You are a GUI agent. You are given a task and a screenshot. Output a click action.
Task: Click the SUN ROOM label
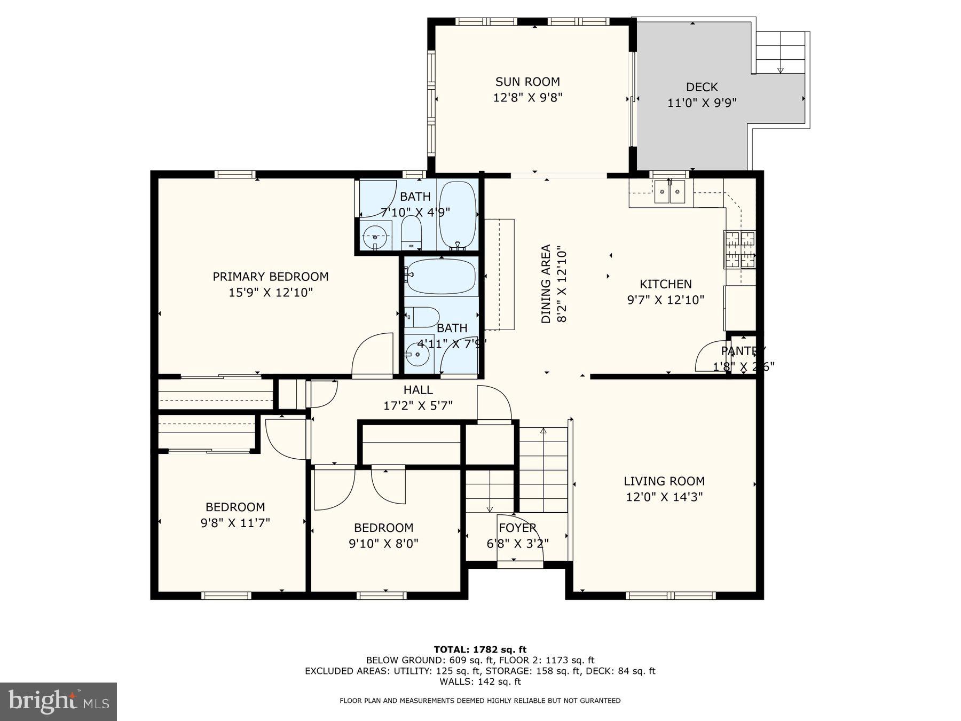527,82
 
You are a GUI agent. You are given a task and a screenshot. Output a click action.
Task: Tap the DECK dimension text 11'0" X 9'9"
702,103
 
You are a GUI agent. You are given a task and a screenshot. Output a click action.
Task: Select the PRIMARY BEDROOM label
271,277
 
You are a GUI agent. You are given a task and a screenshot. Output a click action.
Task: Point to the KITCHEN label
666,284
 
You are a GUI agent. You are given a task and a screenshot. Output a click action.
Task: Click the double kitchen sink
671,192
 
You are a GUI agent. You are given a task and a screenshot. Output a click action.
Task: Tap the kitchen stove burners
740,249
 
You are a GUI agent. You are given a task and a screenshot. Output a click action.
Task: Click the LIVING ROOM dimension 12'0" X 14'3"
664,497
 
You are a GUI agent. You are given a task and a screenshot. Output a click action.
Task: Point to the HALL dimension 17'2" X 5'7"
418,406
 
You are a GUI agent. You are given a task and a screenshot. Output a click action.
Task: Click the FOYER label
517,528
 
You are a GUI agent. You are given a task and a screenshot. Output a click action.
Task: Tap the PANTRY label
743,351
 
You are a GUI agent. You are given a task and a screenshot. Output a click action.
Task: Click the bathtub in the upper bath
458,216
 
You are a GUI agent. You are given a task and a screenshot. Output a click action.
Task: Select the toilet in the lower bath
422,317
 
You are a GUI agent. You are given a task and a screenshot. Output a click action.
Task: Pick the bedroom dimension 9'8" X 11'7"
235,522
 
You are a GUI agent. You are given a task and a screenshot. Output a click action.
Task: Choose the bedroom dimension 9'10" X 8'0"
383,544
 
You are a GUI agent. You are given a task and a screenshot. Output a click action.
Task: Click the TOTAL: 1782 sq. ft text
480,649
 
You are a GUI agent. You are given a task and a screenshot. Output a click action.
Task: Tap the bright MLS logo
58,701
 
